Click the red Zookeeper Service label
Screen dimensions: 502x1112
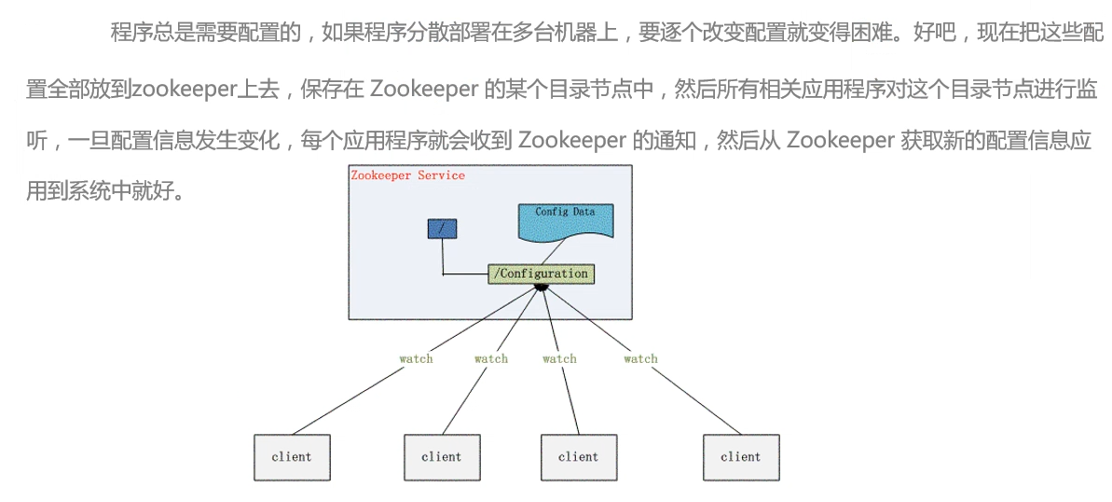407,175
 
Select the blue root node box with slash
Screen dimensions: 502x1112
441,229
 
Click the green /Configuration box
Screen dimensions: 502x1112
541,273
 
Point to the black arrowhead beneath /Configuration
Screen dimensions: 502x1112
541,288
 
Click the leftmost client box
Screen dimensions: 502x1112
292,457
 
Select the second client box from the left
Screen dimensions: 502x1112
441,457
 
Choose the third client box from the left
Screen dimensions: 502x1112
578,457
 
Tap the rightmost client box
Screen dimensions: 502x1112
741,457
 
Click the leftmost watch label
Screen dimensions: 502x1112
416,359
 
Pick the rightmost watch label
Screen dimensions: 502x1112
640,359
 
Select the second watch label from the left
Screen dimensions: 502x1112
491,359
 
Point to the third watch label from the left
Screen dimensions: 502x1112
559,359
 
